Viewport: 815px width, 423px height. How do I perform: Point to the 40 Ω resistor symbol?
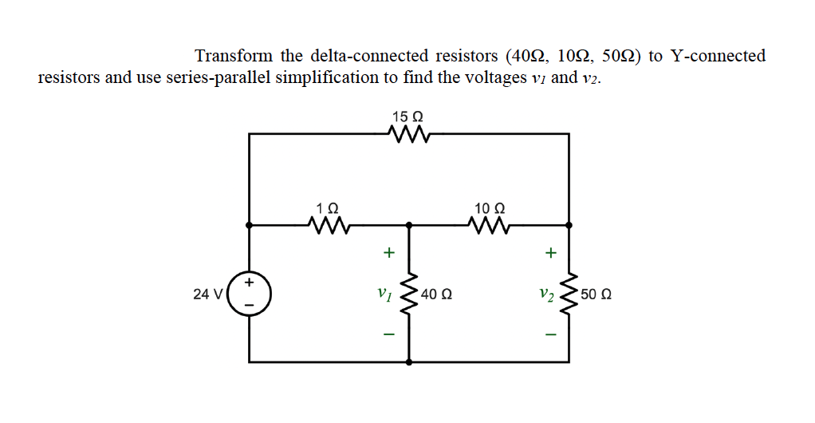410,294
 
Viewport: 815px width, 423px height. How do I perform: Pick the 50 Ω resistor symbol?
569,294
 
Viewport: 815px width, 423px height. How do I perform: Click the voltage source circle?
250,294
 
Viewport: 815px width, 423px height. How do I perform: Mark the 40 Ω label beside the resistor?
436,294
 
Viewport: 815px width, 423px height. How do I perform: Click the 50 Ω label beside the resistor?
596,294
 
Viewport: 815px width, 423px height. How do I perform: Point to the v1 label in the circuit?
384,294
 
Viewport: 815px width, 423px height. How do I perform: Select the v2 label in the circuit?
545,294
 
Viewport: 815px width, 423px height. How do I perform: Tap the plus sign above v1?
388,253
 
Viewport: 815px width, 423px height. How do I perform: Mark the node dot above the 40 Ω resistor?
410,226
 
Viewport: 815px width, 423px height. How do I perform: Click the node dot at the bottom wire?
410,362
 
